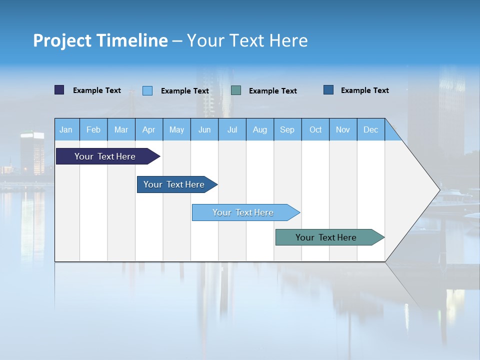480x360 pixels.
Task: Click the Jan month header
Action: [x=66, y=129]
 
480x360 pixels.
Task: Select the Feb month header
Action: [x=93, y=129]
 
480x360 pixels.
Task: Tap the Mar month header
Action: [x=121, y=129]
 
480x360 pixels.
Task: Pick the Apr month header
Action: [x=149, y=129]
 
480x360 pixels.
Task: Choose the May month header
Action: [x=176, y=129]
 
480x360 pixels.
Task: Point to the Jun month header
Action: [x=204, y=129]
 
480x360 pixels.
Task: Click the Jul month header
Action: [x=232, y=129]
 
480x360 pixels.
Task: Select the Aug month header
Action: [x=260, y=129]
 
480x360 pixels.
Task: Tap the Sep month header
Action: [x=287, y=129]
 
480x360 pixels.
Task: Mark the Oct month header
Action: [x=315, y=129]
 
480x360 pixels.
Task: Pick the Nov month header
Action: [x=343, y=129]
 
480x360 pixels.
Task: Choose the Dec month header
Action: [x=371, y=129]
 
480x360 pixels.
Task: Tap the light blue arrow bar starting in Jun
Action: [x=243, y=212]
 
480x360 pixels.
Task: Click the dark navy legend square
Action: [x=59, y=90]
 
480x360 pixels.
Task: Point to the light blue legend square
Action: [x=147, y=90]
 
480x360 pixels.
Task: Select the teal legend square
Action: [x=236, y=90]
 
